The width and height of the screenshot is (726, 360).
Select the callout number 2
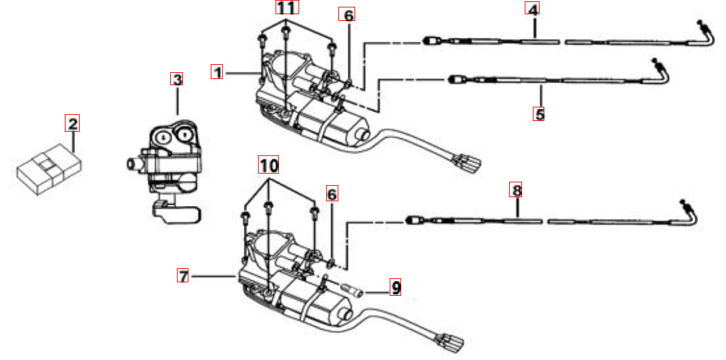(72, 123)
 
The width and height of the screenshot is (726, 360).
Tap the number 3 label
(176, 79)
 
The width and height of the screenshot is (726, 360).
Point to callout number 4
(533, 10)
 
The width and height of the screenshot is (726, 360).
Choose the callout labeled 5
(539, 113)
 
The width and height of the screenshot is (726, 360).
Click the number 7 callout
(183, 275)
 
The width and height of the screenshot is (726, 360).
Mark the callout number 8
(517, 190)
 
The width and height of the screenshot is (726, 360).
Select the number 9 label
(395, 288)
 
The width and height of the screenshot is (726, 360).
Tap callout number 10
(268, 164)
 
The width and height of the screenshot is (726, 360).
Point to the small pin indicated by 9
(352, 292)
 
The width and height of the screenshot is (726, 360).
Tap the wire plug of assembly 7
(450, 341)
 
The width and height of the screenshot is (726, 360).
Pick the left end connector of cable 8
(412, 220)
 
